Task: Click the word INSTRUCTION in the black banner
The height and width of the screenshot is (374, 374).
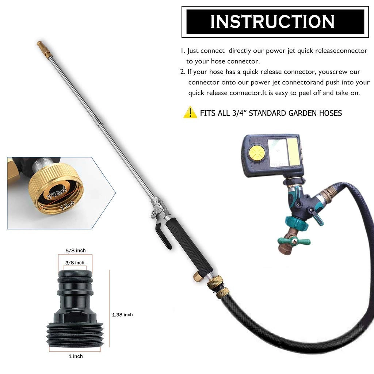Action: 272,22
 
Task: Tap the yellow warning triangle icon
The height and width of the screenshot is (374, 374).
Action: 190,112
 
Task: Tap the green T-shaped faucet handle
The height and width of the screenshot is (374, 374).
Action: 294,241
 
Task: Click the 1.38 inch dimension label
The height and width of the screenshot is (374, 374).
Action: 122,314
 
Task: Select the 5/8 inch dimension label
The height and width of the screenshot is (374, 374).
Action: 76,251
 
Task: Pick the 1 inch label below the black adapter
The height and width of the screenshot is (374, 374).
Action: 76,356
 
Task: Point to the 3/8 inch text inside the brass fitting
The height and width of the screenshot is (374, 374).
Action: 57,196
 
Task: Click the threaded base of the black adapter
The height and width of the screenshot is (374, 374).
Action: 75,334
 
